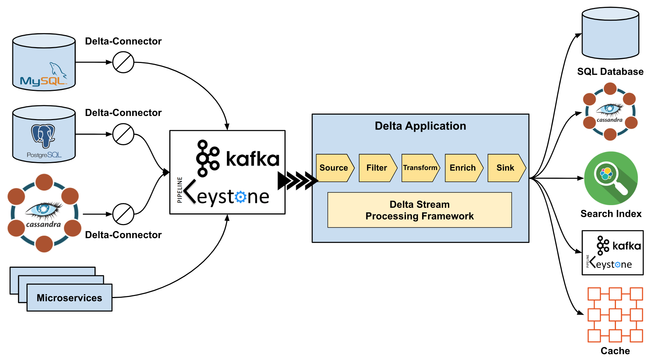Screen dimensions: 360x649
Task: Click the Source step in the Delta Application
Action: [334, 168]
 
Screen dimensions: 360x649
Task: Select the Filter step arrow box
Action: [377, 168]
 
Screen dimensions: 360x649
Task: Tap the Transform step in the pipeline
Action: [420, 168]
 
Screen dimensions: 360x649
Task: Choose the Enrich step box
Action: [463, 168]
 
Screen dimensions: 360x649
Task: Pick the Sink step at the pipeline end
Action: [505, 168]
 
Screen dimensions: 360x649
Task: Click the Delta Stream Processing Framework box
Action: [419, 210]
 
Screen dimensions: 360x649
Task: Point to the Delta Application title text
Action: [420, 126]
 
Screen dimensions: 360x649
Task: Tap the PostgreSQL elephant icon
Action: [43, 136]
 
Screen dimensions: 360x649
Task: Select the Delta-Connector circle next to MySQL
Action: [123, 62]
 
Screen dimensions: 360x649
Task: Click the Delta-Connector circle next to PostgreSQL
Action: [123, 134]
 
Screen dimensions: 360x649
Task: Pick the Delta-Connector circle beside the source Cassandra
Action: [123, 214]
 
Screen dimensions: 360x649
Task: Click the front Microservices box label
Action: [69, 298]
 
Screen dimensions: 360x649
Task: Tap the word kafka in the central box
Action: [252, 159]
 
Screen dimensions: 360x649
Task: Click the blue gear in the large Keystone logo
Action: [241, 197]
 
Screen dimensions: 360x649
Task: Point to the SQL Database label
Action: [610, 72]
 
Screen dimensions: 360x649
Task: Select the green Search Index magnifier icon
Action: [611, 178]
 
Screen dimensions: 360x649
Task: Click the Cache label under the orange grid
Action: [615, 351]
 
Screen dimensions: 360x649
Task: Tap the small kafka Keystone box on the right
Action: [613, 253]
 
